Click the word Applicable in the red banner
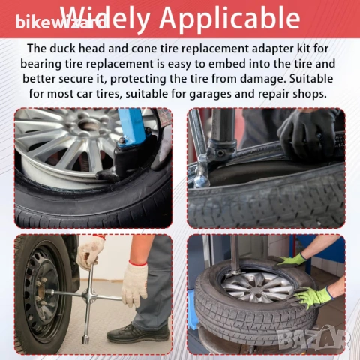tap(229, 18)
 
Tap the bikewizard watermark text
tap(61, 22)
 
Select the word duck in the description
tap(64, 48)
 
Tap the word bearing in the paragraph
tap(40, 64)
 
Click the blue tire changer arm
tap(132, 127)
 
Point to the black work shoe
tap(138, 332)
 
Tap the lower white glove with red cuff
tap(134, 283)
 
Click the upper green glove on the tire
tap(291, 260)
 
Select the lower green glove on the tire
tap(312, 298)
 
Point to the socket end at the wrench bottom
tap(86, 339)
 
